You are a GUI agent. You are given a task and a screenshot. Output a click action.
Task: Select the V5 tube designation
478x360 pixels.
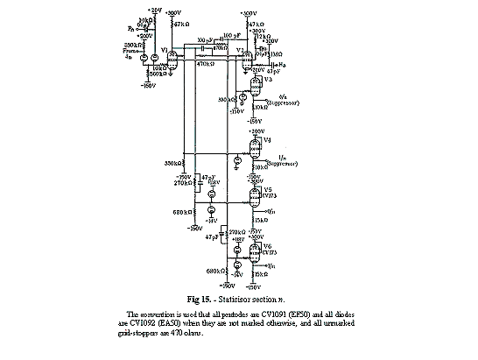tap(268, 189)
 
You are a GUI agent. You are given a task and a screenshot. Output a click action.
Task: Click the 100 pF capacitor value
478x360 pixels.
tap(230, 38)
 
